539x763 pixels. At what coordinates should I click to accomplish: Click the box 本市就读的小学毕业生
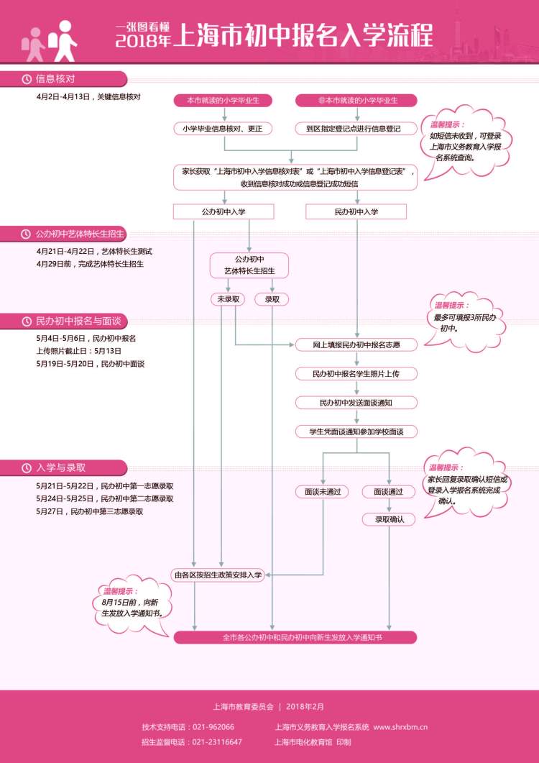point(224,100)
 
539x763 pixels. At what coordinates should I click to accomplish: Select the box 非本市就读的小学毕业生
point(357,100)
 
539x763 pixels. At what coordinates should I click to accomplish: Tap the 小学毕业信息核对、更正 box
point(224,129)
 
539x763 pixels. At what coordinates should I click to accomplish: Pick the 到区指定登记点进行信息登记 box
point(357,129)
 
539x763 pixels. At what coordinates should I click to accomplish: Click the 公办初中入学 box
point(224,211)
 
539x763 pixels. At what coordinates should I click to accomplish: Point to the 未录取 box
point(228,298)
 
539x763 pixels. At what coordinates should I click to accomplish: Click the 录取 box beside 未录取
point(272,298)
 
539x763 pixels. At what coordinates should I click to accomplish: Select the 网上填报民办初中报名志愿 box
point(356,345)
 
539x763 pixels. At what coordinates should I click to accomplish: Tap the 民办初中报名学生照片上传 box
point(356,374)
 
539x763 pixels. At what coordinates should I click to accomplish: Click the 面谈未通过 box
point(322,492)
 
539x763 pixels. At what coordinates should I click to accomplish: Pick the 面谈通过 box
point(388,492)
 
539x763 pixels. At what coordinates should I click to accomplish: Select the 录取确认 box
point(388,519)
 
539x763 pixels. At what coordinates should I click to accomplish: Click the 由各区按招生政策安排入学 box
point(218,575)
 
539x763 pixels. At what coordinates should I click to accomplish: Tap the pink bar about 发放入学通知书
point(295,638)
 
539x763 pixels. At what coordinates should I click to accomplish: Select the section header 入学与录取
point(62,467)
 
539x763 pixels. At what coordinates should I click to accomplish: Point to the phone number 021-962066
point(213,727)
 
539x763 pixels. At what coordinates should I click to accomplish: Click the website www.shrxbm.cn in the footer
point(400,727)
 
